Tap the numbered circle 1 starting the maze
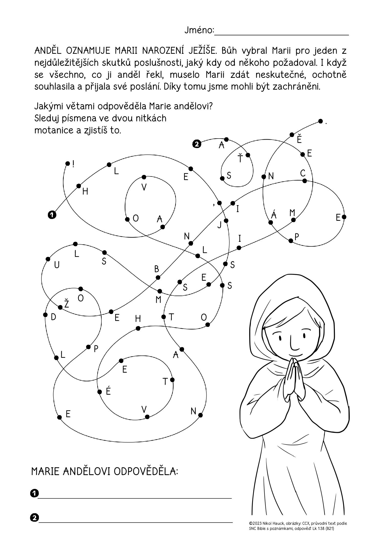pos(52,215)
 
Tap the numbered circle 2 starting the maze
pos(197,144)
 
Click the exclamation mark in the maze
pos(73,164)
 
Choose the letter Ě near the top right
pos(299,139)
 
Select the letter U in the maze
pos(57,265)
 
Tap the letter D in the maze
pos(53,317)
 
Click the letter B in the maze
pos(157,269)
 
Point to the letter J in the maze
pos(219,225)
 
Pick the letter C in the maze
pos(303,174)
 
